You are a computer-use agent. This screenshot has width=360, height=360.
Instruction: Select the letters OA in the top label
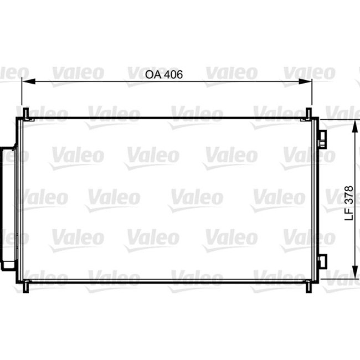click(152, 74)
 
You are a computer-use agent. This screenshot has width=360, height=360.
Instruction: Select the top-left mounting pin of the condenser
click(25, 113)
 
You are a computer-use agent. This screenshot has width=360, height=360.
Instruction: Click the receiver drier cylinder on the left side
click(8, 205)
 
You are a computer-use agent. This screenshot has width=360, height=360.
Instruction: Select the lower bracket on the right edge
click(324, 259)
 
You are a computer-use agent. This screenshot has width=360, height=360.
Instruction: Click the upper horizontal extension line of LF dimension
click(338, 119)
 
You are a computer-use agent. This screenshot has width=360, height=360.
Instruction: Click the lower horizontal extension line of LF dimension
click(338, 279)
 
